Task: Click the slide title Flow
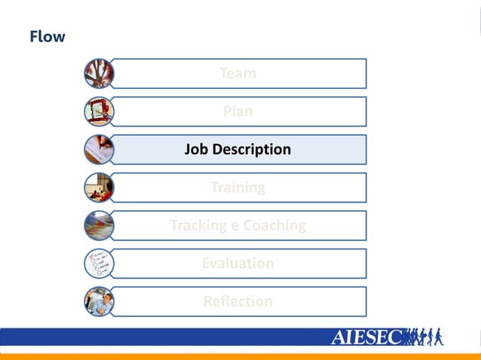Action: pyautogui.click(x=47, y=36)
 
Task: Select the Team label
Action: pyautogui.click(x=237, y=74)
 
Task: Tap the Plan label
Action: pyautogui.click(x=237, y=111)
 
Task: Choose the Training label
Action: pyautogui.click(x=237, y=188)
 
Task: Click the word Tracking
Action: pyautogui.click(x=198, y=225)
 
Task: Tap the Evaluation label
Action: pyautogui.click(x=237, y=264)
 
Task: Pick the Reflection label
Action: pyautogui.click(x=237, y=301)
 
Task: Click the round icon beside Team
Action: pyautogui.click(x=99, y=73)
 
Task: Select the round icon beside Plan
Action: pyautogui.click(x=99, y=111)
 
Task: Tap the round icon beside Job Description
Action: pyautogui.click(x=99, y=149)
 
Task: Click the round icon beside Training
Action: pyautogui.click(x=99, y=188)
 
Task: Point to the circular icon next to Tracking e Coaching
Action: pyautogui.click(x=99, y=225)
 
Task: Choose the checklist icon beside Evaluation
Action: pyautogui.click(x=99, y=264)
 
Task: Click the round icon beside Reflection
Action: pyautogui.click(x=99, y=301)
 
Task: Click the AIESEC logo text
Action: pyautogui.click(x=367, y=337)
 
